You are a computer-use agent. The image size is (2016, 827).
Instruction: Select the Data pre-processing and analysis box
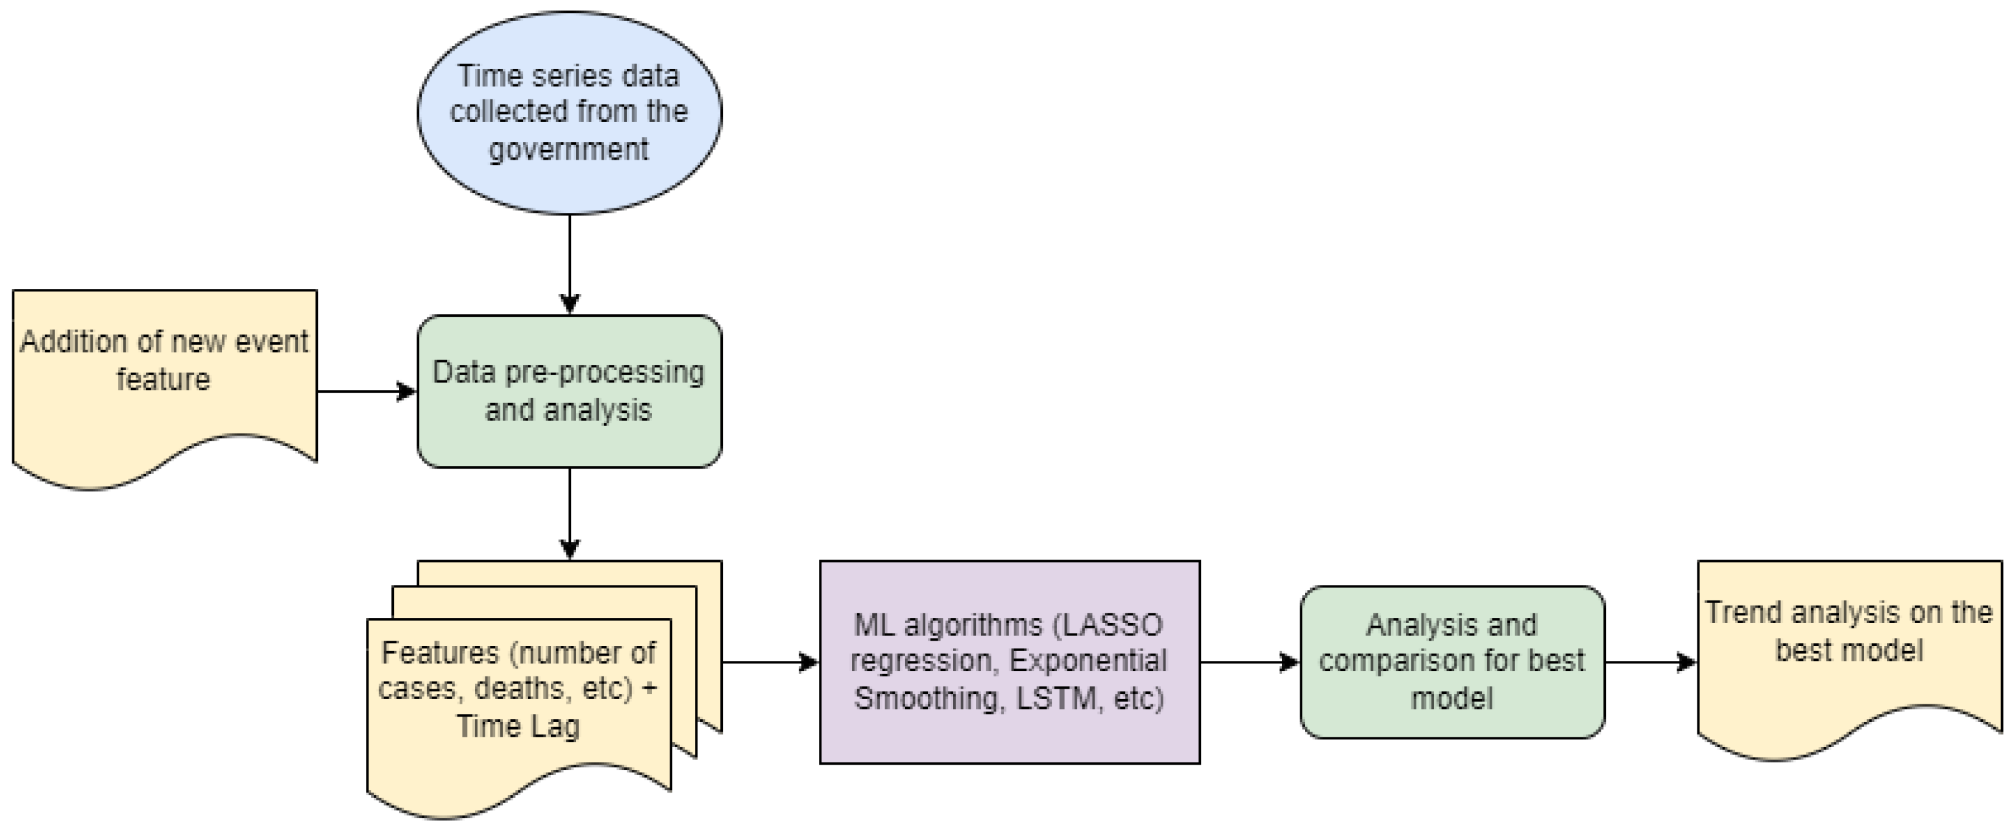569,391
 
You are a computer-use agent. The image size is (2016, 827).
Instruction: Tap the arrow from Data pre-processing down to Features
570,513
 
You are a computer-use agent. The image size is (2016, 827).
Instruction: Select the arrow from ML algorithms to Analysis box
1249,663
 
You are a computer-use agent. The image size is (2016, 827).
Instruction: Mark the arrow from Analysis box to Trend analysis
1650,663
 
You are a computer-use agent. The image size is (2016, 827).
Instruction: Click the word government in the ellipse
569,149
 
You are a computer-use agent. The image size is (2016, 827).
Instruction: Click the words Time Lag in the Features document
518,726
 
